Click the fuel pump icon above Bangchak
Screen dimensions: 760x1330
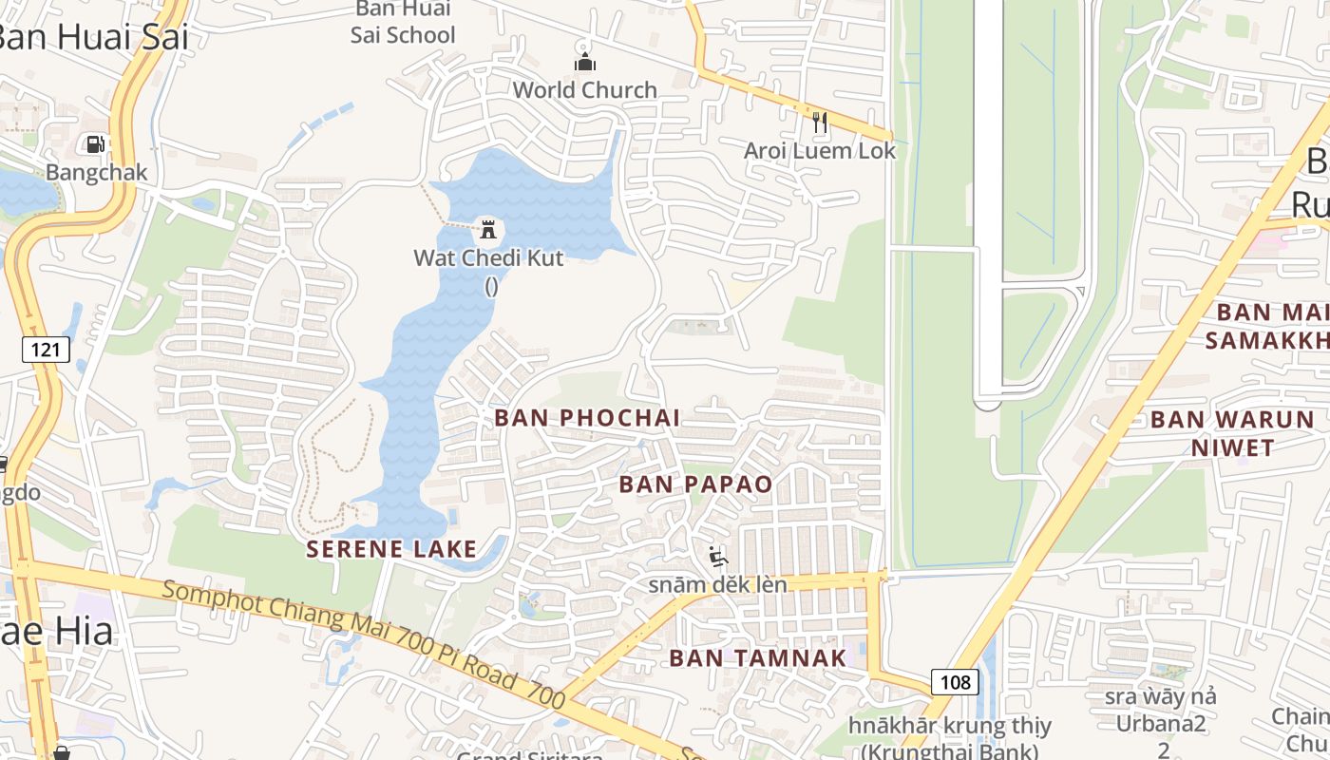point(95,144)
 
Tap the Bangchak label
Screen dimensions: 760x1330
point(97,173)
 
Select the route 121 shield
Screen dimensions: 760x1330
point(45,350)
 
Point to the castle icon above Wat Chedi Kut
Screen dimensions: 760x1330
point(488,229)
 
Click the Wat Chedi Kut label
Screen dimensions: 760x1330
point(488,257)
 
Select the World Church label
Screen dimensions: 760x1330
point(584,90)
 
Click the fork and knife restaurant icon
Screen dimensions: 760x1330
point(820,122)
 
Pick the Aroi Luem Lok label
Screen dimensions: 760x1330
point(819,151)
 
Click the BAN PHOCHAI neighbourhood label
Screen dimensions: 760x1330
point(587,418)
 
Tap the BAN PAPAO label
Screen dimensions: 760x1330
point(695,484)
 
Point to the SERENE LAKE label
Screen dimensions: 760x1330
point(391,548)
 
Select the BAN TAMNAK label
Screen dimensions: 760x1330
point(757,657)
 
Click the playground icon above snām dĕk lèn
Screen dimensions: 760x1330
point(718,557)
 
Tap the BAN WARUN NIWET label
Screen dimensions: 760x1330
point(1232,433)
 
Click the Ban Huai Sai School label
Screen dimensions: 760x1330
point(403,23)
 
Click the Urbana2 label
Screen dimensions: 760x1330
point(1161,725)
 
